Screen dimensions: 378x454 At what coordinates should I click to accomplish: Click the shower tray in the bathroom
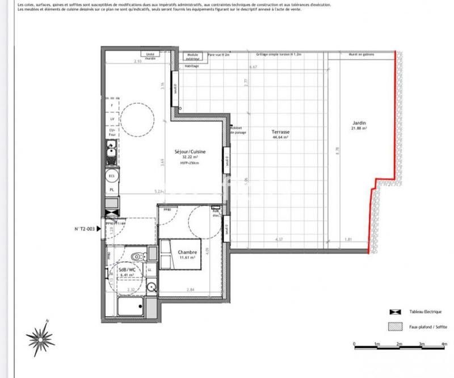coord(132,308)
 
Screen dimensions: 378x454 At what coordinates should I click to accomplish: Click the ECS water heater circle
coord(112,176)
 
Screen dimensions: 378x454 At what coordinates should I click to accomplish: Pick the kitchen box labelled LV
coord(112,119)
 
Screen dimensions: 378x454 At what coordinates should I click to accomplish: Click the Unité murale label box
coord(150,56)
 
